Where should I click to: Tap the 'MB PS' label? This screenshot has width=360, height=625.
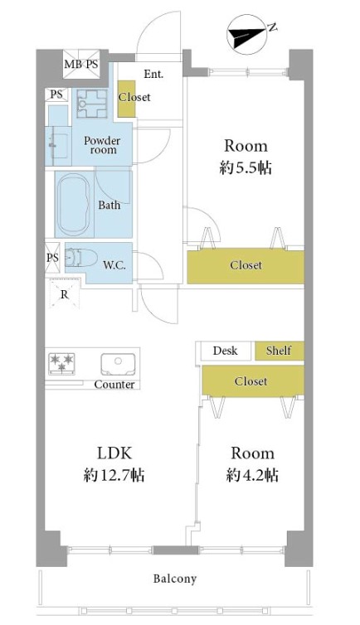pos(81,64)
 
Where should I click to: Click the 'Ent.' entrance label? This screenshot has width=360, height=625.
pos(154,74)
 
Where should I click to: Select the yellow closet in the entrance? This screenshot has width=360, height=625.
pos(127,99)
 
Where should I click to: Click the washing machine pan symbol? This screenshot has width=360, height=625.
pos(92,104)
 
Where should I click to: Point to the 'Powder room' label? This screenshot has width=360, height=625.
pos(102,146)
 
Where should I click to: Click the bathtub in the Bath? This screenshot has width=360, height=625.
pos(74,206)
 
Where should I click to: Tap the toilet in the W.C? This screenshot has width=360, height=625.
pos(81,258)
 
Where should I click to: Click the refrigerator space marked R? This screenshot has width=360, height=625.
pos(64,293)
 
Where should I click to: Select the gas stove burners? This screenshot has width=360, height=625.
pos(61,362)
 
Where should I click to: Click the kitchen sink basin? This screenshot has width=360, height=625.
pos(117,364)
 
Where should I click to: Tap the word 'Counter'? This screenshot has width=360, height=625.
pos(114,385)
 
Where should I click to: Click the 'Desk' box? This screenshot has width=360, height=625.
pos(226,351)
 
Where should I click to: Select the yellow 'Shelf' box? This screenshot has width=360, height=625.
pos(280,351)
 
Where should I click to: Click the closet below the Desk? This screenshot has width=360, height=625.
pos(253,380)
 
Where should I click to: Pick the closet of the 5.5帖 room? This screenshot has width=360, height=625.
pos(246,265)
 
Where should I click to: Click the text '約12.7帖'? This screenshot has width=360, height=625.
pos(114,475)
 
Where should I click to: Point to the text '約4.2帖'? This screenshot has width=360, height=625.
pos(252,475)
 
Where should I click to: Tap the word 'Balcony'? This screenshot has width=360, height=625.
pos(175,579)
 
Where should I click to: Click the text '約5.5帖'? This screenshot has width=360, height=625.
pos(246,167)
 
